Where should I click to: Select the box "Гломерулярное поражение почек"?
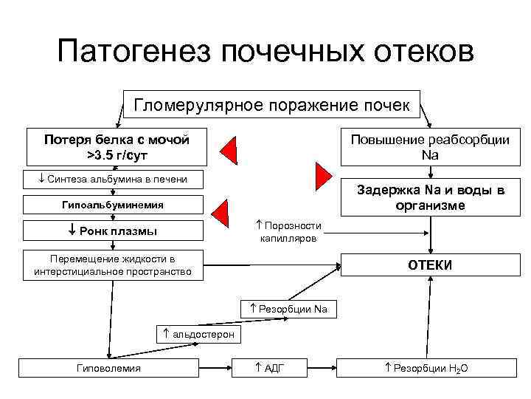click(x=272, y=105)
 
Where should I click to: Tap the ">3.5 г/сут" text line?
click(x=116, y=155)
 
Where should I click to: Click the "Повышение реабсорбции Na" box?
click(x=429, y=148)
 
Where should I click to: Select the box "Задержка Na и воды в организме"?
click(x=431, y=198)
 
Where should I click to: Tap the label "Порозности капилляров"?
click(x=288, y=232)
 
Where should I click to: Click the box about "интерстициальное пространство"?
click(x=112, y=265)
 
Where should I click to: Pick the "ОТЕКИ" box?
click(x=431, y=265)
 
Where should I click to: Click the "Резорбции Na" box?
click(x=288, y=309)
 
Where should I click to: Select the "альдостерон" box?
click(x=198, y=334)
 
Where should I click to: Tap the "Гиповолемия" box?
click(x=108, y=368)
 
